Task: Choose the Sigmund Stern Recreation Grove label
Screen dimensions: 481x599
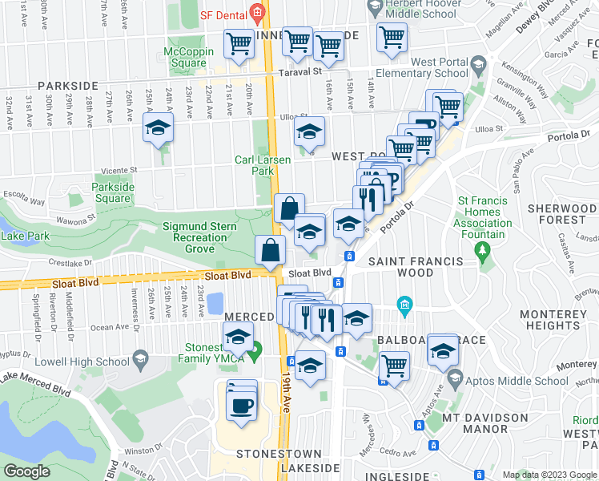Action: pyautogui.click(x=200, y=237)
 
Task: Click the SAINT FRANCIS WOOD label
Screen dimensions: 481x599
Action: pyautogui.click(x=415, y=268)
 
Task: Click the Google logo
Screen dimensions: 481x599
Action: pyautogui.click(x=27, y=471)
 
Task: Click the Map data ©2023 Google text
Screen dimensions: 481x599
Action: pyautogui.click(x=549, y=475)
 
